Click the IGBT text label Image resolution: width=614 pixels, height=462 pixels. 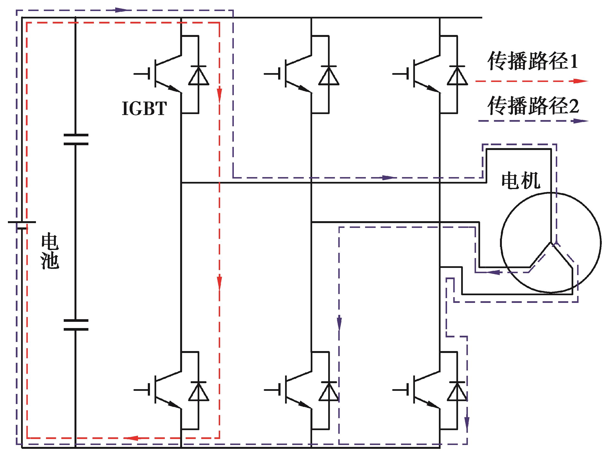[144, 108]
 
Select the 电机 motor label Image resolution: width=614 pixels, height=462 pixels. [521, 181]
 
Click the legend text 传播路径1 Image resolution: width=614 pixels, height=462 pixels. [533, 61]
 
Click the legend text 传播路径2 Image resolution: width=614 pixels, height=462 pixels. [533, 105]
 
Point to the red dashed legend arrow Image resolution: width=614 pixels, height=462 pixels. [532, 81]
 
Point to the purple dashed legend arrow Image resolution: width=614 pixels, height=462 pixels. [533, 121]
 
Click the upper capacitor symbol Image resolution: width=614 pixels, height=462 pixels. [76, 140]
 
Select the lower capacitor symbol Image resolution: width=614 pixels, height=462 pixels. [76, 325]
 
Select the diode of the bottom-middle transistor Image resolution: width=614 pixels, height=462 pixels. [329, 391]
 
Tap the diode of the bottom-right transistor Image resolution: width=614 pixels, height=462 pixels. [457, 391]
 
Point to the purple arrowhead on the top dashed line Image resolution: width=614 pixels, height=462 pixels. [121, 10]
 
